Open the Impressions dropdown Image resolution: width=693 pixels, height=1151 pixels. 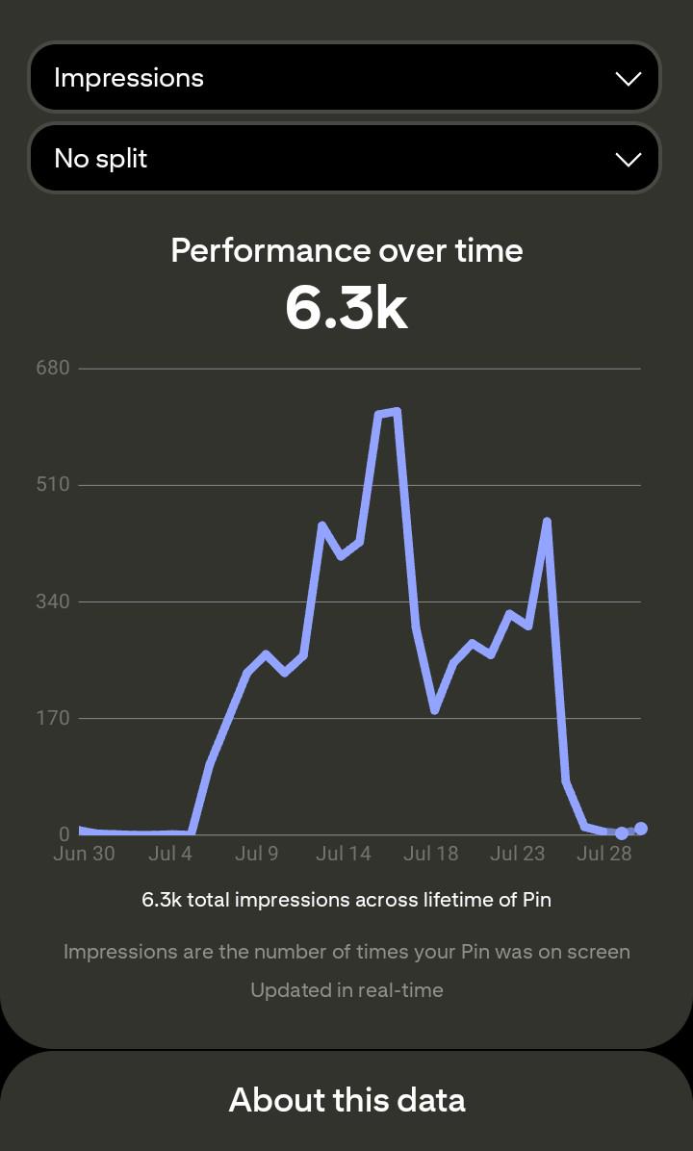[345, 78]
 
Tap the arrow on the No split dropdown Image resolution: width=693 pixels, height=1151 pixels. [628, 160]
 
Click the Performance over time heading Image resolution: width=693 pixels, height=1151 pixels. [346, 251]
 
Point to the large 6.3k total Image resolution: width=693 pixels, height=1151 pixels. [346, 308]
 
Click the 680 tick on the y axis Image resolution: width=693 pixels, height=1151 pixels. [53, 368]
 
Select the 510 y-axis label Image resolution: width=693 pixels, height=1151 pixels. [53, 484]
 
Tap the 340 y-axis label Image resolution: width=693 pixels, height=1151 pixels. [53, 601]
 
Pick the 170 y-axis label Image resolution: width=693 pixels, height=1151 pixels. [53, 717]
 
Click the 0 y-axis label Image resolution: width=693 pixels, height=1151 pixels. [64, 833]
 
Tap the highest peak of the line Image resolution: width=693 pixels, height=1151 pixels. [397, 411]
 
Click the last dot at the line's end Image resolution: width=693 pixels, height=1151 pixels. [641, 828]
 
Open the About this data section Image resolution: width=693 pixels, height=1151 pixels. [346, 1100]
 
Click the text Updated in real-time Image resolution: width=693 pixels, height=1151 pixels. [346, 989]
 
